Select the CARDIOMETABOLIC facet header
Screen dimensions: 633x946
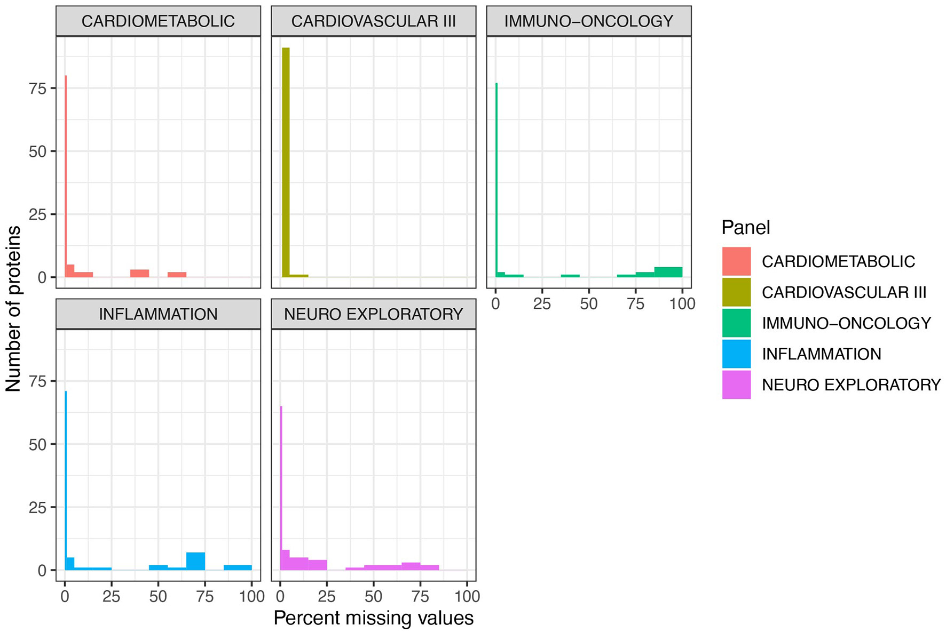coord(158,21)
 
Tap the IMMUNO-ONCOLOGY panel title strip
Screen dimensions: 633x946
coord(588,21)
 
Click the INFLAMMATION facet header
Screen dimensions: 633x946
coord(158,314)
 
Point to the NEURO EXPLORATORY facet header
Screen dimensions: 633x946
coord(373,314)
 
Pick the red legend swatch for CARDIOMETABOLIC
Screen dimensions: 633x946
coord(736,261)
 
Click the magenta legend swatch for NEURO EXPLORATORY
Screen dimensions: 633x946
coord(736,385)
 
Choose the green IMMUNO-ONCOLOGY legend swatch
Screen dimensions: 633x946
coord(736,323)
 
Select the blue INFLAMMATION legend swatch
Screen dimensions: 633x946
coord(736,354)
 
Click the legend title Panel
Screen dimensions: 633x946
coord(745,228)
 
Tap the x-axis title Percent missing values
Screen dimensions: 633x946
coord(373,618)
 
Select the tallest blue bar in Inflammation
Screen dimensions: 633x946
coord(66,480)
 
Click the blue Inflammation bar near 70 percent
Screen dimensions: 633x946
coord(195,562)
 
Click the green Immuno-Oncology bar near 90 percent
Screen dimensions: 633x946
coord(668,272)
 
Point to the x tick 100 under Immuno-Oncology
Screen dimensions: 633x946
coord(682,304)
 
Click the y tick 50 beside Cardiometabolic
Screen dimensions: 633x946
coord(38,151)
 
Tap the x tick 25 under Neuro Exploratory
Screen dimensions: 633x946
coord(327,597)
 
